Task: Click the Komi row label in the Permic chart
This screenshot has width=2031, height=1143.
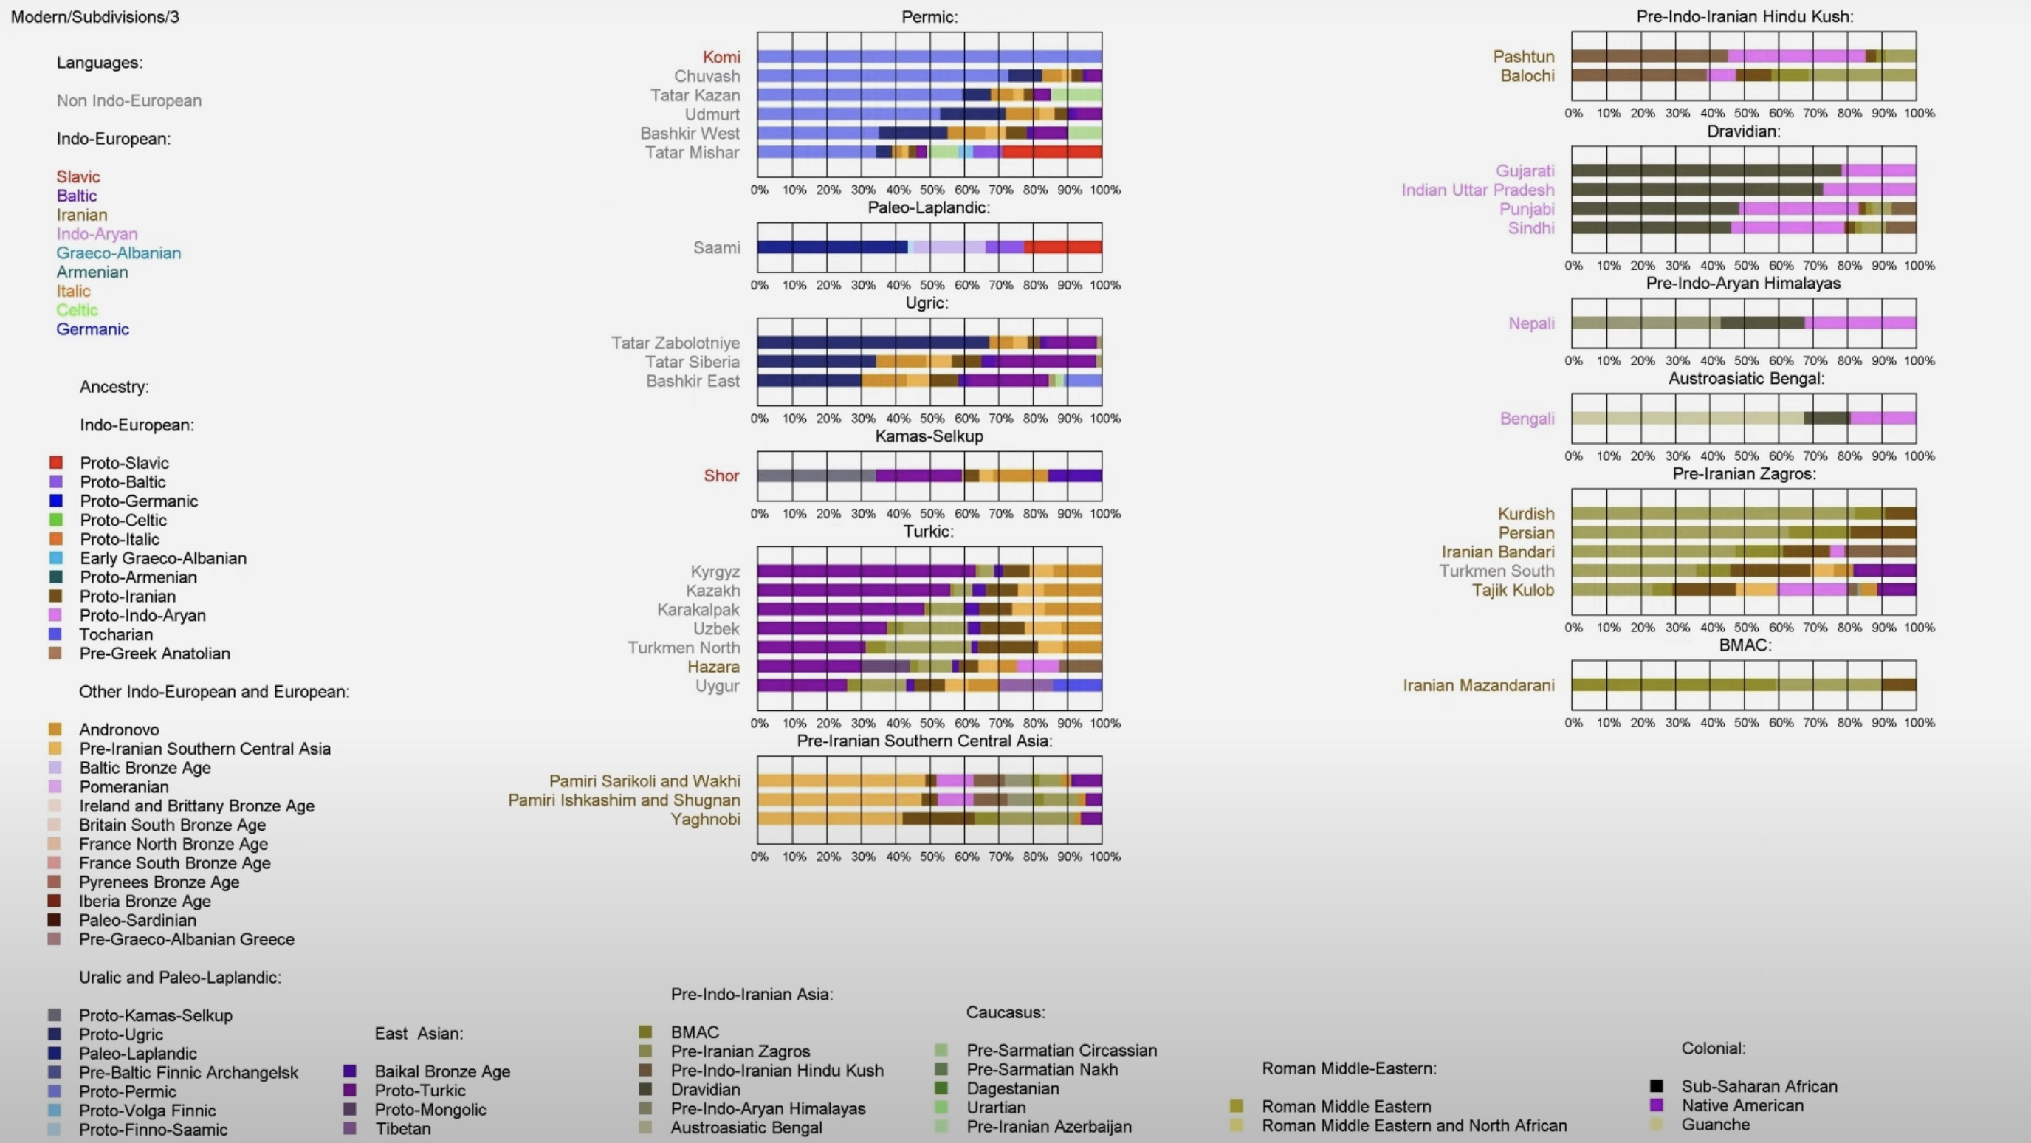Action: click(x=721, y=57)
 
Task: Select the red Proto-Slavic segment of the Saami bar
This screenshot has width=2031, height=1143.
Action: click(x=1062, y=247)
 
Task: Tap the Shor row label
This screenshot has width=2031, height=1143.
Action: click(x=721, y=476)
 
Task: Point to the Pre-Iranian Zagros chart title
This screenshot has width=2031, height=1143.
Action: click(x=1743, y=474)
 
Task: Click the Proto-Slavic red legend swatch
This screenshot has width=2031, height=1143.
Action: click(x=56, y=463)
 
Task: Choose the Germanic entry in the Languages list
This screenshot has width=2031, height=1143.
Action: click(x=92, y=329)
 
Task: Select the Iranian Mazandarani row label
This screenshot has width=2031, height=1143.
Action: click(x=1478, y=685)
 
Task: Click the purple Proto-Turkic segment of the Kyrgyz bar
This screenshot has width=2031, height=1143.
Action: click(x=865, y=571)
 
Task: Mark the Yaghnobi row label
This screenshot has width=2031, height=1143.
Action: click(x=705, y=819)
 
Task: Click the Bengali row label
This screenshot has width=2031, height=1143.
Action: click(x=1527, y=419)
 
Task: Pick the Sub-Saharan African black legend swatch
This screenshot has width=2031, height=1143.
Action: click(x=1657, y=1086)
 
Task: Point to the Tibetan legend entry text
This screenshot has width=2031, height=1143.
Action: click(x=402, y=1128)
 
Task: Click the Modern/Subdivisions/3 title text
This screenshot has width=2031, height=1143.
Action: click(x=94, y=16)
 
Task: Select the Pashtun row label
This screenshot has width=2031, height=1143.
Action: click(x=1523, y=57)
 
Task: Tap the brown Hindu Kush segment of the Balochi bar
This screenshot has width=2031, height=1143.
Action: click(x=1638, y=75)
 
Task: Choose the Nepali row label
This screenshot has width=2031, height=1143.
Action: click(x=1531, y=323)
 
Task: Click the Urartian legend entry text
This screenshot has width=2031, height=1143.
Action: click(x=997, y=1108)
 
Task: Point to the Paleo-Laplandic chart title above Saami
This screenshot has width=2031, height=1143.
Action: click(x=928, y=207)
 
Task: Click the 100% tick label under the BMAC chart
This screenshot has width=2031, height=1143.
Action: click(x=1918, y=723)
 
